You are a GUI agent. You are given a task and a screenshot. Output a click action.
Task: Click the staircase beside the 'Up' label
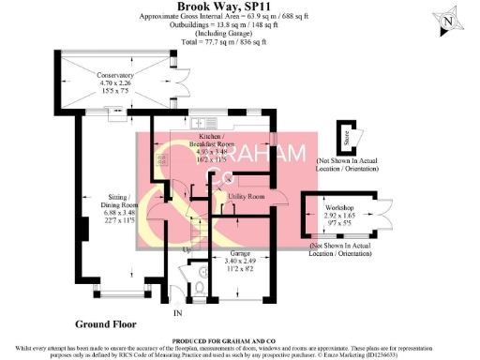pos(198,224)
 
